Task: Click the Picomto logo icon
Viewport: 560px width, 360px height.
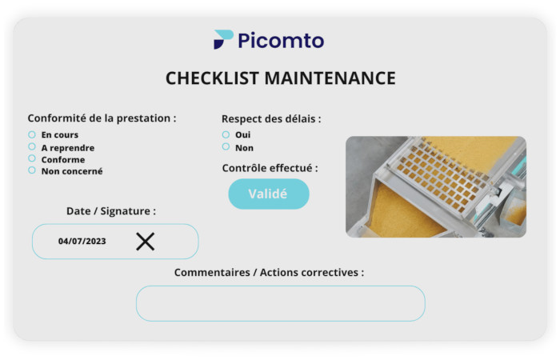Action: (x=223, y=40)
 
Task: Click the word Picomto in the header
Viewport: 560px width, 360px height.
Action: (x=281, y=40)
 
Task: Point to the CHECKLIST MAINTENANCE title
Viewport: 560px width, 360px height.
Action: (x=280, y=78)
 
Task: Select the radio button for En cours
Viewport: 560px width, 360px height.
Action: (x=32, y=134)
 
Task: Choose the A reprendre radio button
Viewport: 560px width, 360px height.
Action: (x=32, y=146)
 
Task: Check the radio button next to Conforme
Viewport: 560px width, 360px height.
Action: (x=32, y=158)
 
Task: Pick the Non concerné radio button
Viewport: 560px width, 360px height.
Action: (x=32, y=170)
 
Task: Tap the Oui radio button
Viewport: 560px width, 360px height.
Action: (x=226, y=134)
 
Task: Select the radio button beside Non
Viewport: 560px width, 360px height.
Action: (x=226, y=146)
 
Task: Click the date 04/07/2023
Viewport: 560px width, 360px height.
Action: (x=82, y=241)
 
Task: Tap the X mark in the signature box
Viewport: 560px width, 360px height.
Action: (x=145, y=241)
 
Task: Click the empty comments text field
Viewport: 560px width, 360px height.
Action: (x=280, y=303)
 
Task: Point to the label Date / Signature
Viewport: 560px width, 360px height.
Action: (x=110, y=211)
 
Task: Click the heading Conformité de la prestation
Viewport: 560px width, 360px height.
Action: (x=102, y=118)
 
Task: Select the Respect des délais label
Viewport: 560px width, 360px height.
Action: (x=271, y=118)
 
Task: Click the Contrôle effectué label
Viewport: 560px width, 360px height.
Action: (x=270, y=168)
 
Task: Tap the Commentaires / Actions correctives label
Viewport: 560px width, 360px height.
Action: (x=269, y=273)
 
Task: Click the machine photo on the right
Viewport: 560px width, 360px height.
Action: (x=435, y=186)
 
